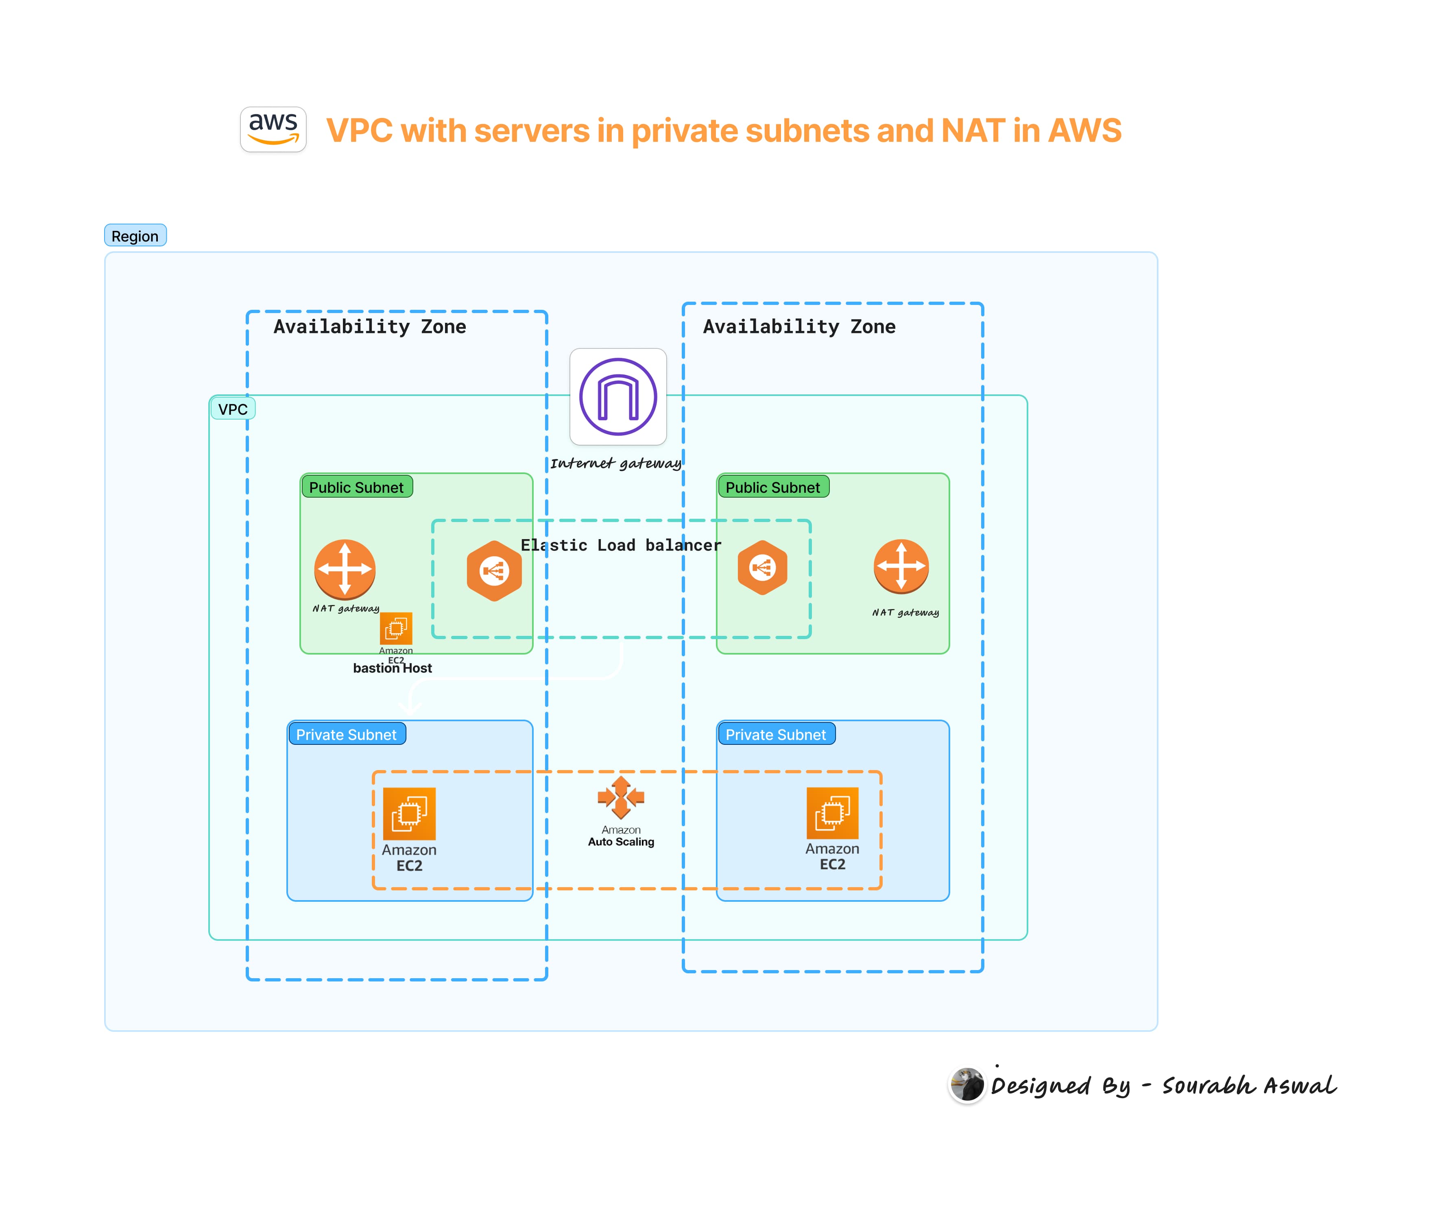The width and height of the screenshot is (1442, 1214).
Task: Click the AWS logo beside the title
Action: click(273, 129)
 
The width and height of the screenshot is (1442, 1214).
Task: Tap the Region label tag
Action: click(135, 235)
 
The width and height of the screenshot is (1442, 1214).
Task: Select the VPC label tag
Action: click(233, 409)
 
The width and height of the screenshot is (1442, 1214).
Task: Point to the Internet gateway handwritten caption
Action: click(615, 463)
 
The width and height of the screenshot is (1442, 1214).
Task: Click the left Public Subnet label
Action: click(357, 487)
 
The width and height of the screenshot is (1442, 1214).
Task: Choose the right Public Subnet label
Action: click(772, 487)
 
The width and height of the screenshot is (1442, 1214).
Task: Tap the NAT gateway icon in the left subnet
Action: click(345, 569)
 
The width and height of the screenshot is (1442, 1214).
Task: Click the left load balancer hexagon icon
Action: click(494, 570)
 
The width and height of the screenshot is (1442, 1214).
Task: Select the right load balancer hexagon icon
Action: click(762, 567)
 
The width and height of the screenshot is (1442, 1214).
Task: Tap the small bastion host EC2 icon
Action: click(396, 628)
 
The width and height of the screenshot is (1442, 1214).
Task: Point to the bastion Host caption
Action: click(393, 668)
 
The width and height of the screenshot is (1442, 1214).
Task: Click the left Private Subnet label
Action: click(347, 734)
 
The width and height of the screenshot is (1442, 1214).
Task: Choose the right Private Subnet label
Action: click(776, 734)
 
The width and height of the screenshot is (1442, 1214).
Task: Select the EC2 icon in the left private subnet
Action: click(409, 814)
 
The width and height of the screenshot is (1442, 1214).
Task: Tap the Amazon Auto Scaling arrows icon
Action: click(620, 797)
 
